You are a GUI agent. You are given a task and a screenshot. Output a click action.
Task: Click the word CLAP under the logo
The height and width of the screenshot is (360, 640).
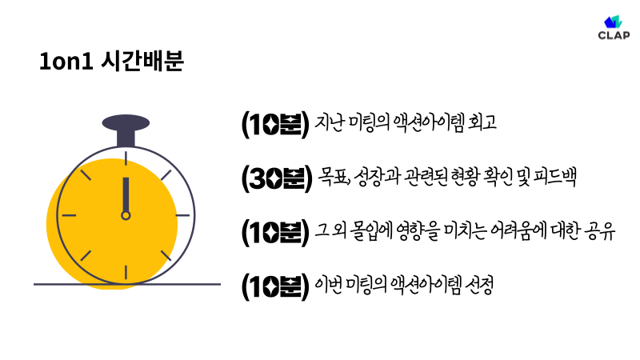614,35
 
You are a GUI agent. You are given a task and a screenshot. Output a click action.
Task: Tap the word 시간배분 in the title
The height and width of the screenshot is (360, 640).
144,63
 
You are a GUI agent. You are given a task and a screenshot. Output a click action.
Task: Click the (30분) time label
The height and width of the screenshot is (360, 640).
275,178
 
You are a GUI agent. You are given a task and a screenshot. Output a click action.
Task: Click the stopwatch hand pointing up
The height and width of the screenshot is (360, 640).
126,194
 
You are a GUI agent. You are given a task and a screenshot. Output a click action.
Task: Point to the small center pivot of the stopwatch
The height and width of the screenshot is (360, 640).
126,215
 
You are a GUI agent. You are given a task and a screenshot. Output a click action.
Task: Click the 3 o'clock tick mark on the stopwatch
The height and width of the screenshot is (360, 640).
183,215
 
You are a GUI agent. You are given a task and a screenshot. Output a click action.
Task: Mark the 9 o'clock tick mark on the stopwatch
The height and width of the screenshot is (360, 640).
68,215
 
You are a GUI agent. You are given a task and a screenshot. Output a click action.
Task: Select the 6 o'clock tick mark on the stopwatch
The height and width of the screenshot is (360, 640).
126,272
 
